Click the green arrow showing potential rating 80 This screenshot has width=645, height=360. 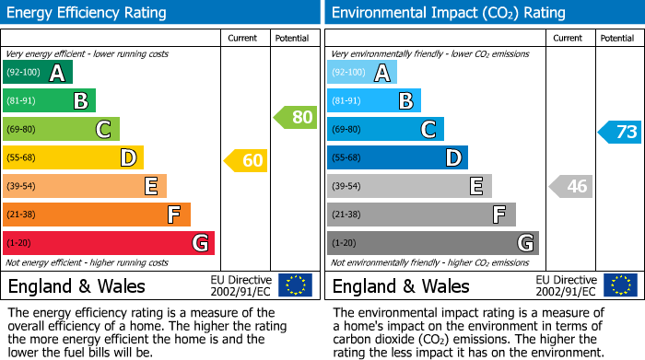[x=295, y=117]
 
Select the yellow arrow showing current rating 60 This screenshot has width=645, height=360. [x=246, y=161]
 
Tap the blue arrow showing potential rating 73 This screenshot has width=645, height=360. [x=620, y=132]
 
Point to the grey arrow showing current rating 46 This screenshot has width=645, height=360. [x=570, y=186]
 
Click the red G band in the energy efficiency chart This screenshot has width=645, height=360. [x=109, y=243]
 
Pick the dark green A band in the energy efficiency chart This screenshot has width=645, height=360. [x=38, y=73]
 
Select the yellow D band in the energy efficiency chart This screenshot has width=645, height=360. [x=73, y=157]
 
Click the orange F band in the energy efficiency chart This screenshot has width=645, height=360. [x=97, y=215]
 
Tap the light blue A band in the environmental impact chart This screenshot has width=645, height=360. [x=362, y=73]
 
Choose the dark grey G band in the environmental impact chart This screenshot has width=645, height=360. [x=432, y=243]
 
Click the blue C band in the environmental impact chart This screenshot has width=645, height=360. [x=385, y=130]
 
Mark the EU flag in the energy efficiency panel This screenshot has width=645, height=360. [x=295, y=285]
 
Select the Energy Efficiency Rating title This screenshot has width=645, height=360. [x=87, y=13]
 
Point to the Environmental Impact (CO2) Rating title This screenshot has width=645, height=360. [x=448, y=13]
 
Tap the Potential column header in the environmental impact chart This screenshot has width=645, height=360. [x=617, y=38]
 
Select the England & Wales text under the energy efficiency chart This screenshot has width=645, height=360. [x=76, y=285]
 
